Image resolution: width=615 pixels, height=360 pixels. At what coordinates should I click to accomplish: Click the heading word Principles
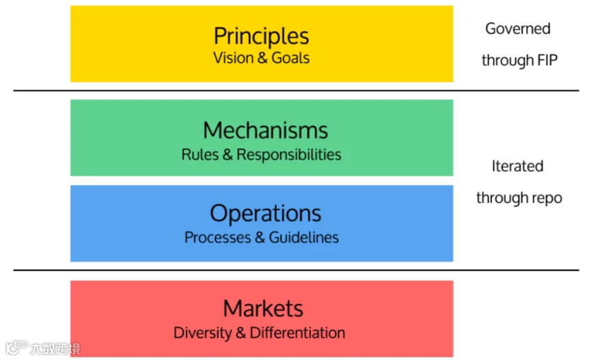[x=261, y=36]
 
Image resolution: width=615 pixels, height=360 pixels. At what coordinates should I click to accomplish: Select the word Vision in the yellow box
[x=233, y=57]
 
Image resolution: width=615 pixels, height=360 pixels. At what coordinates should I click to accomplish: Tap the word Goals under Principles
[x=290, y=57]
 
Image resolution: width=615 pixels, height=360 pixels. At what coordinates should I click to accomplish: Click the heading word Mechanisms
[x=265, y=130]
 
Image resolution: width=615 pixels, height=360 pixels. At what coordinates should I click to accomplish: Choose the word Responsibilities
[x=289, y=155]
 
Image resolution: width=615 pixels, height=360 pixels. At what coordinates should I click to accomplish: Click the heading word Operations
[x=265, y=213]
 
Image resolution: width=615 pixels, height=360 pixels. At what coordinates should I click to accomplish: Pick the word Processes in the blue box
[x=217, y=238]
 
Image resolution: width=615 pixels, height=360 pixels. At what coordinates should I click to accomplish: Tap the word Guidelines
[x=303, y=238]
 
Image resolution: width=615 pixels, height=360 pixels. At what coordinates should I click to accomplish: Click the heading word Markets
[x=263, y=308]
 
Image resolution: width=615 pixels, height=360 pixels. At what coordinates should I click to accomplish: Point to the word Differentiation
[x=297, y=333]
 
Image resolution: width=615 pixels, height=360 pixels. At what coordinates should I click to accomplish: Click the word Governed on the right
[x=517, y=29]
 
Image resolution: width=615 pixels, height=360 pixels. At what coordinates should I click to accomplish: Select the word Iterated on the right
[x=517, y=166]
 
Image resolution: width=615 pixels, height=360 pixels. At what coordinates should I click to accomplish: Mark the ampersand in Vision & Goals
[x=262, y=57]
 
